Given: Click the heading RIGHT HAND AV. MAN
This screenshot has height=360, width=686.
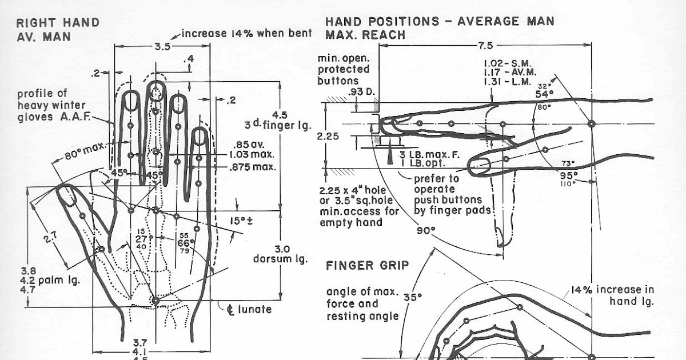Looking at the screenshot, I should tap(57, 29).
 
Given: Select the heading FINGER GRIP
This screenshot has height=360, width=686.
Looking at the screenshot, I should tap(367, 266).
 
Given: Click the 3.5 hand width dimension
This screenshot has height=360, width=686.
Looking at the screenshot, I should tap(163, 47).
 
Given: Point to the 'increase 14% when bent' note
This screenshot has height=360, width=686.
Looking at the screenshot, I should tap(246, 33).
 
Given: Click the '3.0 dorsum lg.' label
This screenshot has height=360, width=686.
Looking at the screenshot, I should tap(281, 254).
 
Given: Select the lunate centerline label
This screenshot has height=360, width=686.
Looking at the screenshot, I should tap(248, 310).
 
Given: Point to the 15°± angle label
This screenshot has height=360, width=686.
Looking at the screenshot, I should tap(252, 219).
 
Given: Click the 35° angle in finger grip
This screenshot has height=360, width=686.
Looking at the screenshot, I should tap(412, 298).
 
